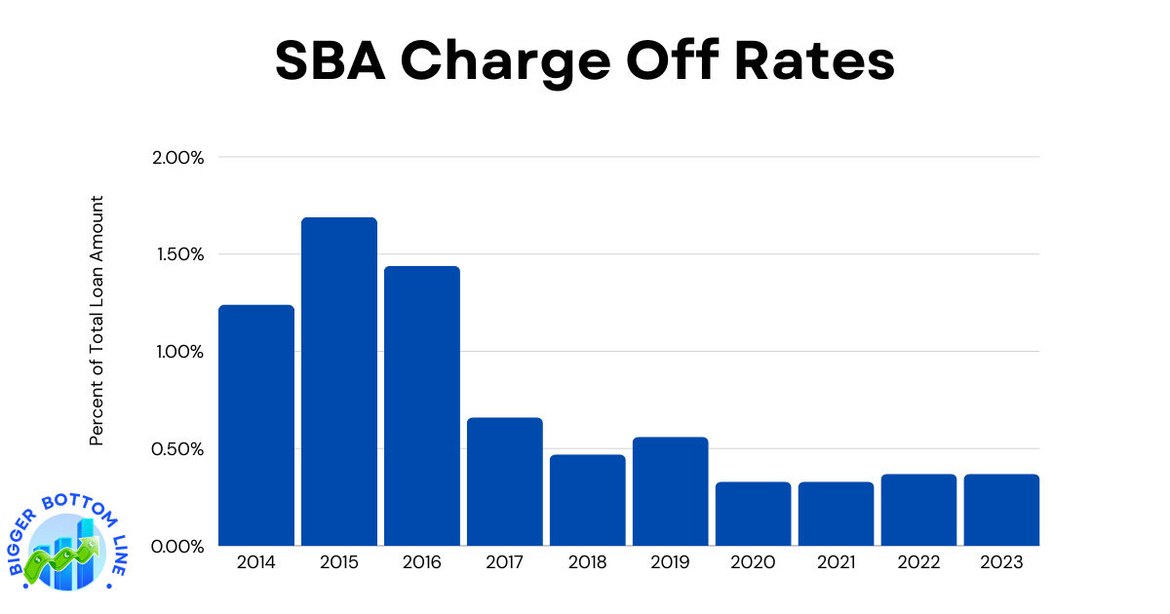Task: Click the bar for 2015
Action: click(x=338, y=381)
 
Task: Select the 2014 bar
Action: click(x=255, y=425)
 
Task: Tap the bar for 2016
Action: click(x=421, y=405)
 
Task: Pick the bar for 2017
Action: click(x=504, y=481)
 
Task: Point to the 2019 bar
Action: click(x=670, y=491)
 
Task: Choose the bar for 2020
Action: click(x=753, y=514)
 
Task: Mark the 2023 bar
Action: click(x=1001, y=510)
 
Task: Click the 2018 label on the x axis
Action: click(x=587, y=562)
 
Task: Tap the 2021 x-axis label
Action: click(x=836, y=562)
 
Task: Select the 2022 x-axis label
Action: click(x=918, y=562)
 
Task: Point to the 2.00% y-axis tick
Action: click(x=178, y=158)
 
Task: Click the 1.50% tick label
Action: click(x=178, y=254)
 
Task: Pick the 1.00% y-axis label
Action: click(x=178, y=352)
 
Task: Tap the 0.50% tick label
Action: click(x=178, y=449)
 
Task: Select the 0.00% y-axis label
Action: click(x=178, y=547)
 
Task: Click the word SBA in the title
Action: click(x=328, y=60)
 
